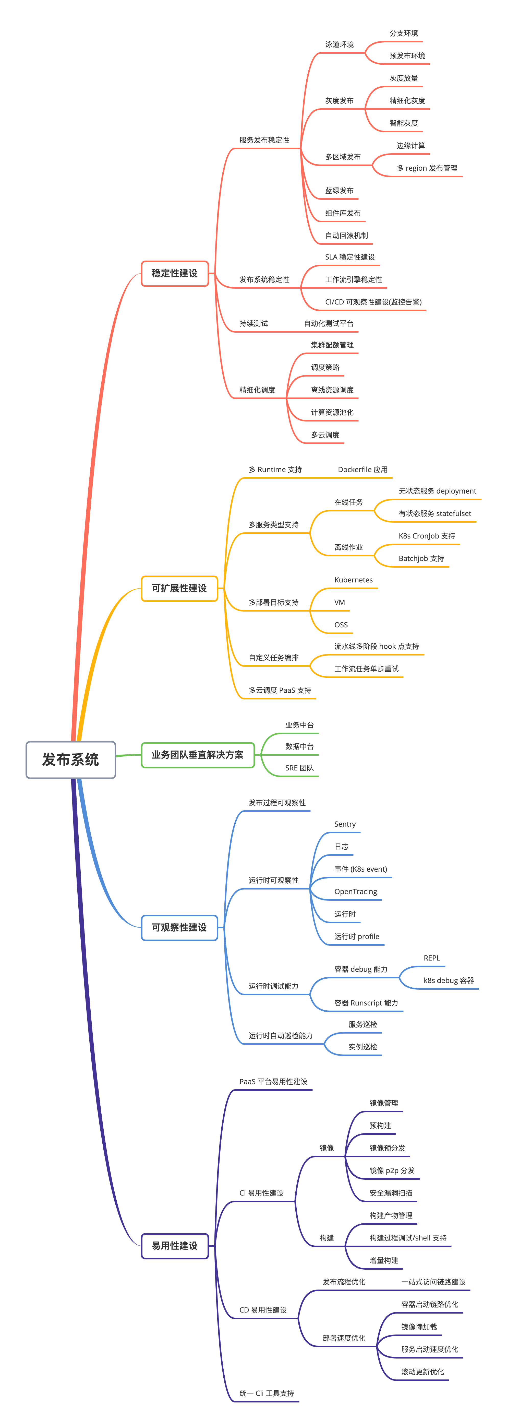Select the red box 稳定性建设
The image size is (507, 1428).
pyautogui.click(x=175, y=273)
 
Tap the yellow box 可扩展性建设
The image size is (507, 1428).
pyautogui.click(x=179, y=588)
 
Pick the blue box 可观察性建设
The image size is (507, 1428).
pyautogui.click(x=179, y=927)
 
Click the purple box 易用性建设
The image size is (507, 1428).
pyautogui.click(x=175, y=1246)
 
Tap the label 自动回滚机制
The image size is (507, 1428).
pyautogui.click(x=346, y=236)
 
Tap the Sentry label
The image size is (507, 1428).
pyautogui.click(x=345, y=824)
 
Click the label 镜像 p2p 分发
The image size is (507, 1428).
pyautogui.click(x=392, y=1170)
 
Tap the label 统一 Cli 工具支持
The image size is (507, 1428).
pyautogui.click(x=267, y=1393)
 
